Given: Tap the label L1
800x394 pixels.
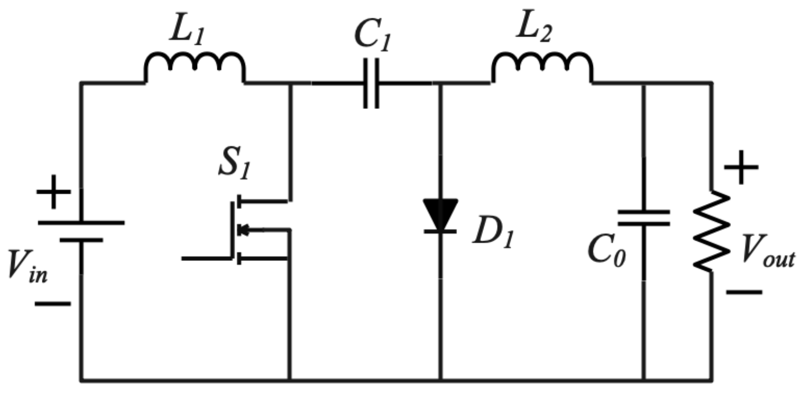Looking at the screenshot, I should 186,32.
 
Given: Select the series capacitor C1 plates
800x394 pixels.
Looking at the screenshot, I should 371,83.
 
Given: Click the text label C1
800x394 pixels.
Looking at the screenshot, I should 373,36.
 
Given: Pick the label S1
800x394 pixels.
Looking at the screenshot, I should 235,164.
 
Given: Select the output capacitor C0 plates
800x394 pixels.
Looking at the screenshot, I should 644,217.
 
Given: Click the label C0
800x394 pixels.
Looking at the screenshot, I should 607,251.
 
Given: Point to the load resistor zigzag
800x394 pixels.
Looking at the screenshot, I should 711,231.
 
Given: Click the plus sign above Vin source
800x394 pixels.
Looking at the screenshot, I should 53,193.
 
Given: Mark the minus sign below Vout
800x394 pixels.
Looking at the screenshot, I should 744,292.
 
